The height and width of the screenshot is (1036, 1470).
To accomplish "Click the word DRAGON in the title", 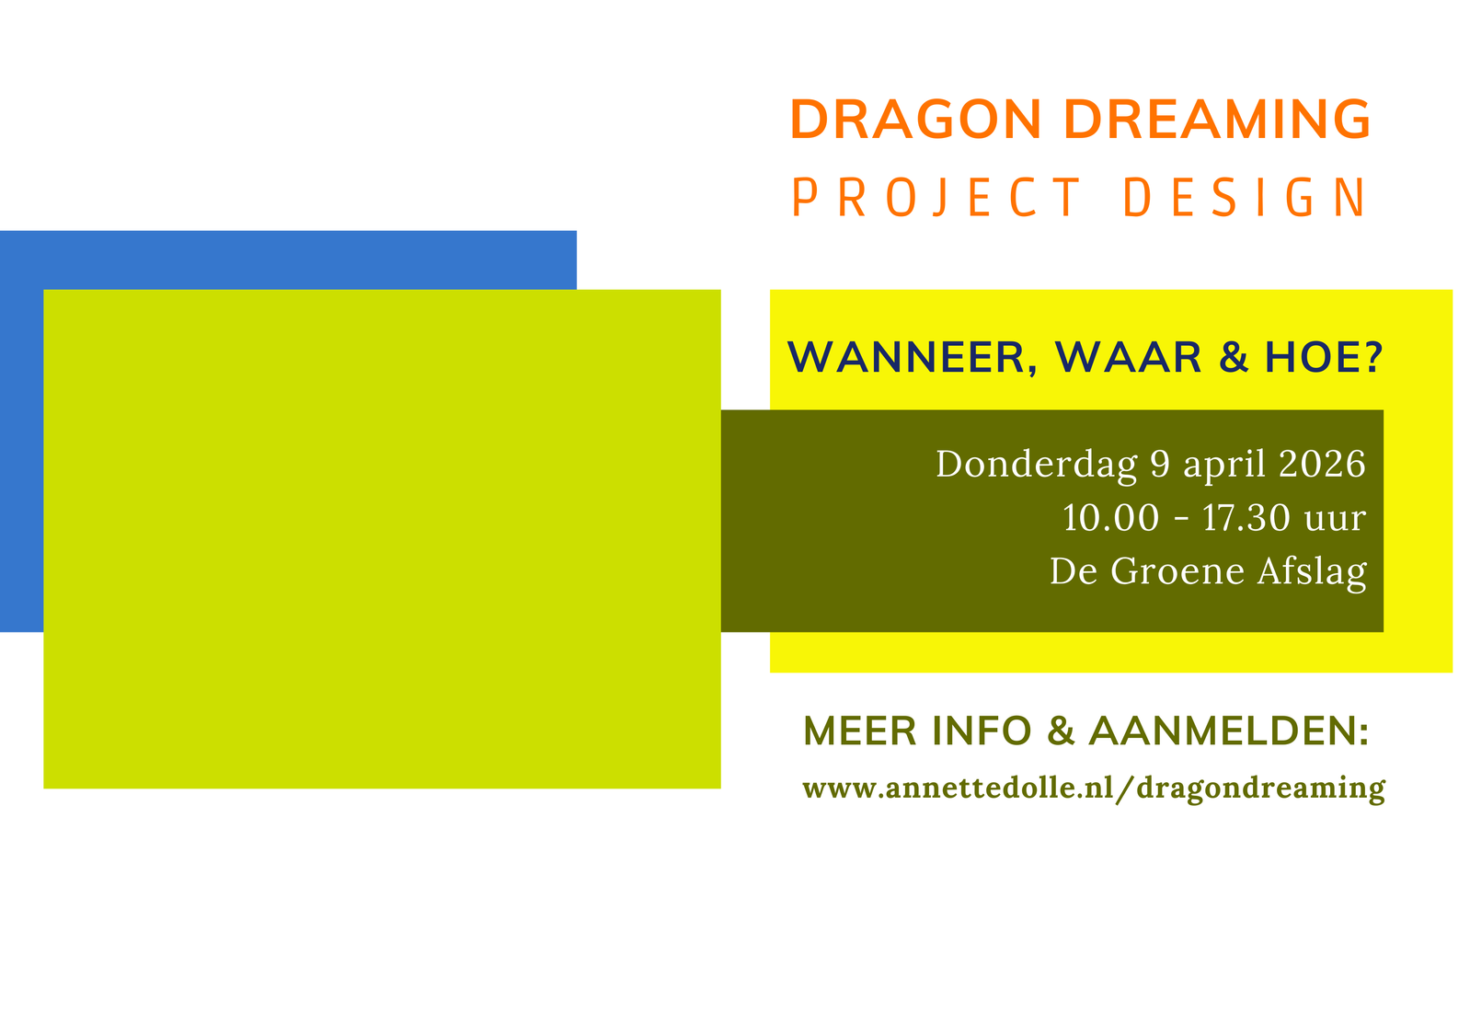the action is point(915,120).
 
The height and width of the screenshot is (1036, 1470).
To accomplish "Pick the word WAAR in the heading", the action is point(1128,358).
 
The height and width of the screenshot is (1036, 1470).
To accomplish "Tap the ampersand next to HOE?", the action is point(1233,358).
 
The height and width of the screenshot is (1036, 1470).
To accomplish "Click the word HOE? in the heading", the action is point(1324,358).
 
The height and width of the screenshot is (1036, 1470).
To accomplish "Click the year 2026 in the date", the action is point(1322,464).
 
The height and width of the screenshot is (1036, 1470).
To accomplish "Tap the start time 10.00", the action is point(1111,518).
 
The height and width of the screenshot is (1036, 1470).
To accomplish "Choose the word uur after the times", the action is point(1336,521).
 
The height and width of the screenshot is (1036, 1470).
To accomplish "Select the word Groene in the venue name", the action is point(1177,571).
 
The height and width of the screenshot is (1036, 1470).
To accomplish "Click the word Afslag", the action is point(1313,572).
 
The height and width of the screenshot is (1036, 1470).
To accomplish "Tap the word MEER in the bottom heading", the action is point(860,731).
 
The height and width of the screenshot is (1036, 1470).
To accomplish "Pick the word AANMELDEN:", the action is point(1229,731).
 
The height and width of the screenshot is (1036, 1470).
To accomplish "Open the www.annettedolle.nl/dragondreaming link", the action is point(1094,789).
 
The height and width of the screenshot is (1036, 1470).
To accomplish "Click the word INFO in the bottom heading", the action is point(982,731).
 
